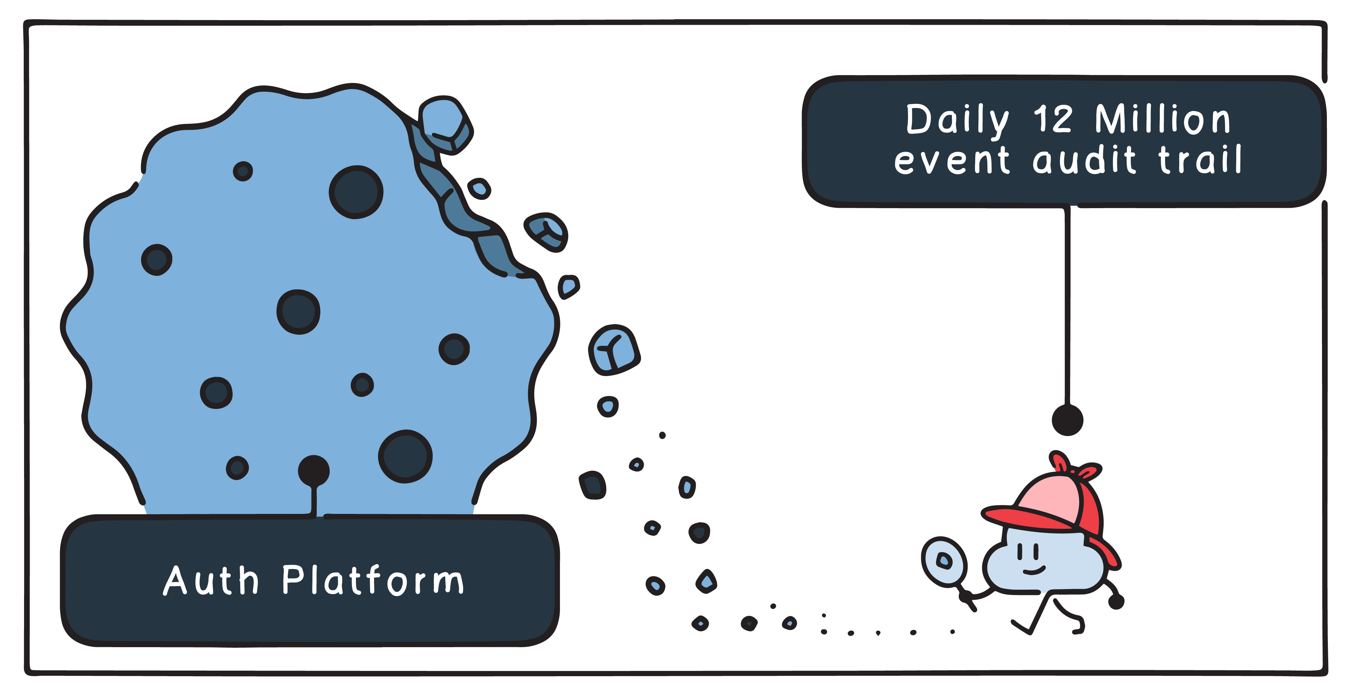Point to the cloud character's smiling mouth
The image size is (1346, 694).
click(1034, 570)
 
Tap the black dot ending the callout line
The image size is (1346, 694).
click(1067, 420)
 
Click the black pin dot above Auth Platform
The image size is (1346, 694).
click(313, 470)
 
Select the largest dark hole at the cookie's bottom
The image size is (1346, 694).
click(405, 456)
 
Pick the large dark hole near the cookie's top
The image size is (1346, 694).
click(356, 192)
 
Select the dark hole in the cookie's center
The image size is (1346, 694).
click(298, 312)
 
